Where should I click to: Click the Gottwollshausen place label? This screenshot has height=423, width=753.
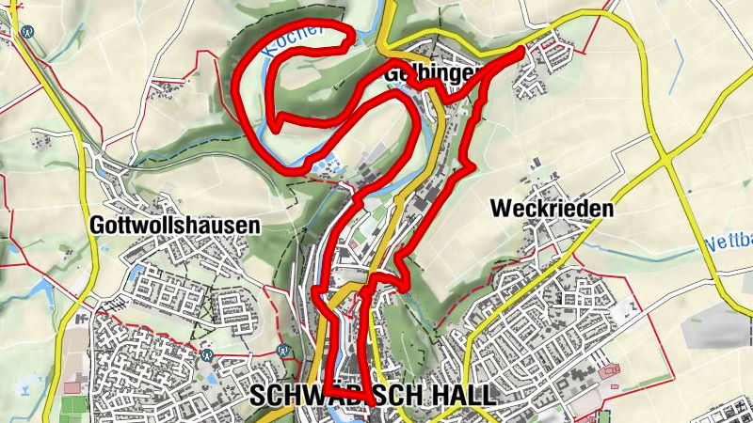point(175,226)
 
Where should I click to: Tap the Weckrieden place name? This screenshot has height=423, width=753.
point(552,210)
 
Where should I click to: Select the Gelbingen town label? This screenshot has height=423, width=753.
point(433,72)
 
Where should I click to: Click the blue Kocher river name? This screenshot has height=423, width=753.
point(294,42)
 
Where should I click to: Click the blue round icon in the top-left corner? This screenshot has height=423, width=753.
point(27,30)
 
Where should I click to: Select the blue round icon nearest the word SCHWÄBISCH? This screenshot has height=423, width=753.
point(284,350)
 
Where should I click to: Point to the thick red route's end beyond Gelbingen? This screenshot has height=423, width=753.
point(521,53)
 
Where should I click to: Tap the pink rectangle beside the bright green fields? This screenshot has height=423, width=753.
point(72,386)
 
